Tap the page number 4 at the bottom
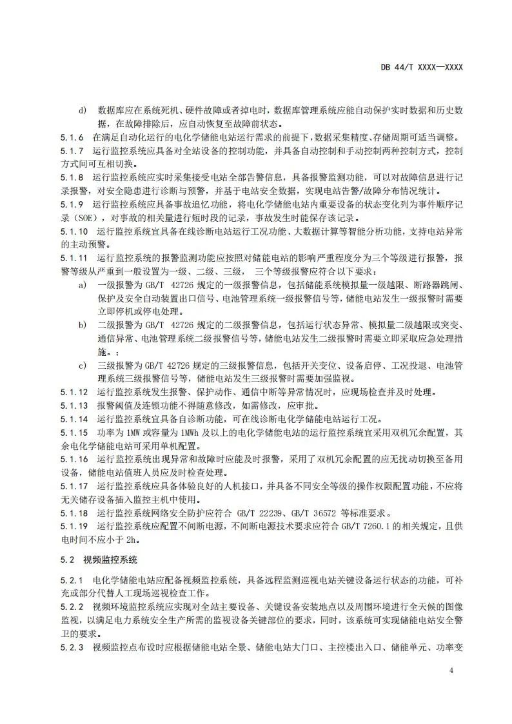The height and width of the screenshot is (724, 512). [x=451, y=671]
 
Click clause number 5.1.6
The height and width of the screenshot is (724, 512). [x=72, y=137]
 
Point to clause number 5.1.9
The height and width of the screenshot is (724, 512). [x=72, y=203]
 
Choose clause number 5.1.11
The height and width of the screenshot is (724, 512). [x=74, y=257]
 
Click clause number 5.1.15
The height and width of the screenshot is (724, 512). [x=74, y=431]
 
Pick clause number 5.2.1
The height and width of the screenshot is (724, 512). [x=72, y=580]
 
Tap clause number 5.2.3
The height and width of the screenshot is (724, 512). [x=72, y=647]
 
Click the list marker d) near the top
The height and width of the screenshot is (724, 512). [x=83, y=110]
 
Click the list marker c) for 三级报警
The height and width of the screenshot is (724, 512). [x=83, y=366]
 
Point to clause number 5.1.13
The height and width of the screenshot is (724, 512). [x=74, y=405]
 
